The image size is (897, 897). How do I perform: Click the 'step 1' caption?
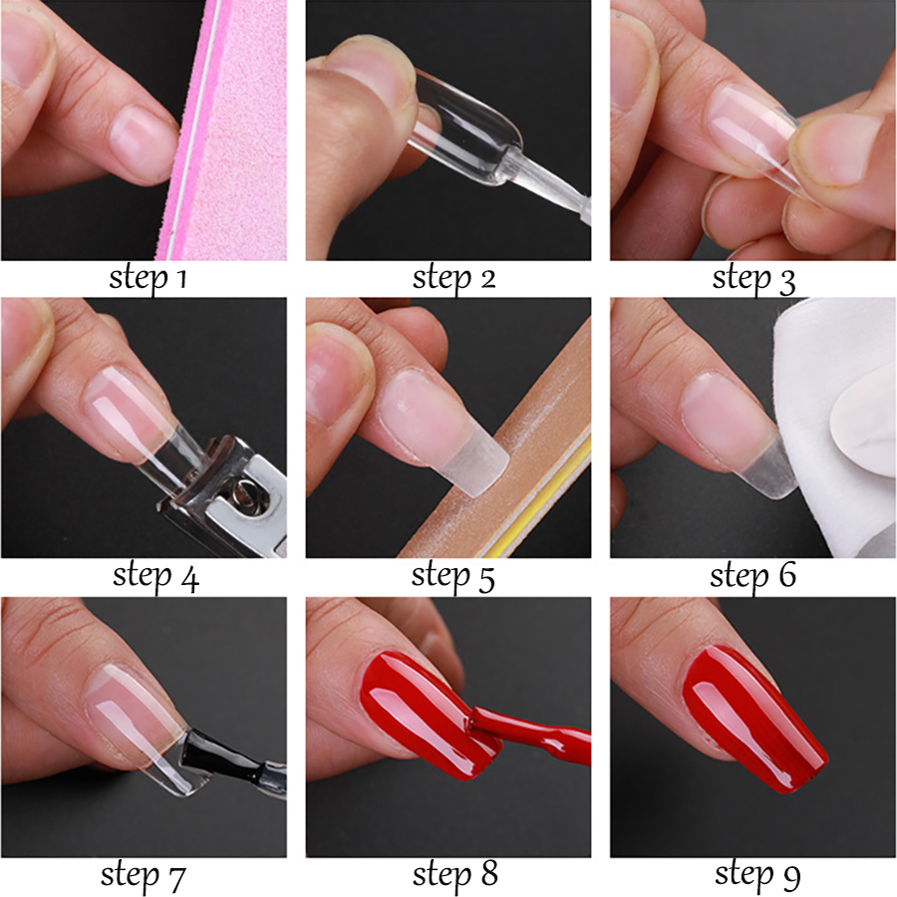pos(149,279)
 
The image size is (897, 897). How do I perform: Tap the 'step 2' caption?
pos(454,279)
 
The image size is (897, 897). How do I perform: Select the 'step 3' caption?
pos(754,280)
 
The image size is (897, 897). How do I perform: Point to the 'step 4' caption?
pos(155,577)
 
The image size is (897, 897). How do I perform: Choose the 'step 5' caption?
pos(453,577)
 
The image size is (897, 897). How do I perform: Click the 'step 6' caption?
pos(752,575)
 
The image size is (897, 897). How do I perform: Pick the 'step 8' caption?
pos(455,875)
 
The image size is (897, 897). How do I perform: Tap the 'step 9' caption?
pos(757,875)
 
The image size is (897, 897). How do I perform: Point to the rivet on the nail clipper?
pos(249,493)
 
